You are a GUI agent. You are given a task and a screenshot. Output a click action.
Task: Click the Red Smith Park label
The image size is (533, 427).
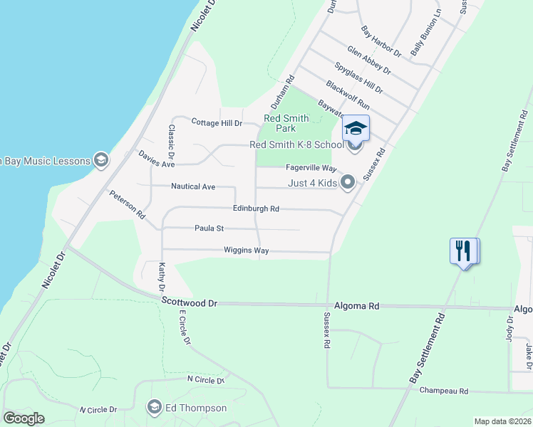pyautogui.click(x=286, y=123)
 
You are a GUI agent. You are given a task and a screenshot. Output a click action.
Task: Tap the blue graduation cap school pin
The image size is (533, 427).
pyautogui.click(x=356, y=128)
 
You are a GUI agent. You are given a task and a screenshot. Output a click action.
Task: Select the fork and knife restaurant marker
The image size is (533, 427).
pyautogui.click(x=463, y=251)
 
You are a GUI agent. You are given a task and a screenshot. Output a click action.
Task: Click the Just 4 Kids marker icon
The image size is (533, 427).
pyautogui.click(x=348, y=183)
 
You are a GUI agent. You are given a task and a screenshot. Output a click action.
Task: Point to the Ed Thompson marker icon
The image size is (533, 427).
pyautogui.click(x=153, y=408)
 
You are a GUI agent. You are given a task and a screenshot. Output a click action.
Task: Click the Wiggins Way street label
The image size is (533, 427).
pyautogui.click(x=246, y=251)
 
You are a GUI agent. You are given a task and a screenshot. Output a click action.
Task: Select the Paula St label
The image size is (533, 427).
pyautogui.click(x=209, y=228)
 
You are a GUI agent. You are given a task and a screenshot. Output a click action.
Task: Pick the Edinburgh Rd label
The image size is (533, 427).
pyautogui.click(x=256, y=209)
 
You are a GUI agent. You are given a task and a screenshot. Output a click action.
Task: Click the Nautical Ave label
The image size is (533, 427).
pyautogui.click(x=193, y=186)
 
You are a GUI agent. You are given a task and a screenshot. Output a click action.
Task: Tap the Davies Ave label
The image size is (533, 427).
pyautogui.click(x=157, y=164)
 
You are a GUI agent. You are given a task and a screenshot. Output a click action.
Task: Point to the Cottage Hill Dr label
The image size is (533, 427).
pyautogui.click(x=217, y=122)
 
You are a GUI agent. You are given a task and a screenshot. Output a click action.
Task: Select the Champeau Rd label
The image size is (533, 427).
pyautogui.click(x=443, y=391)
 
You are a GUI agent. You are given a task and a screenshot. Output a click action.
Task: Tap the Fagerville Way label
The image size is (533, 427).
pyautogui.click(x=311, y=168)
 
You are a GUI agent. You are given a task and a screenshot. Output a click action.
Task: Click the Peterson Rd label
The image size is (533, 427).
pyautogui.click(x=127, y=204)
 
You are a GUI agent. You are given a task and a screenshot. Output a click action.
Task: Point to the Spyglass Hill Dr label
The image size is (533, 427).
pyautogui.click(x=358, y=78)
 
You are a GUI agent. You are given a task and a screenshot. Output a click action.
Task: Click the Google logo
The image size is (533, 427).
pyautogui.click(x=24, y=418)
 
